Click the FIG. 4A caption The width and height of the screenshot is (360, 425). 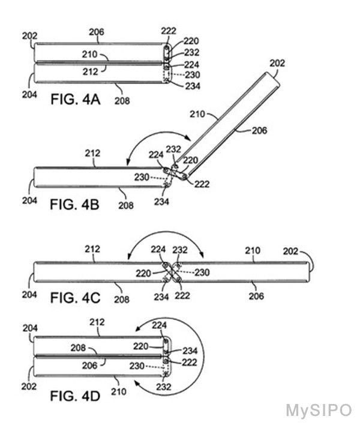[76, 100]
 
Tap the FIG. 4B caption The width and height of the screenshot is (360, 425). [74, 204]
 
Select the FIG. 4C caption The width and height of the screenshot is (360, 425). [76, 298]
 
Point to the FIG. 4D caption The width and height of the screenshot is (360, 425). [76, 396]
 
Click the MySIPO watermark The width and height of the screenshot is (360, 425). [319, 411]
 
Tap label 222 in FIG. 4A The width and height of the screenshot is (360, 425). [169, 31]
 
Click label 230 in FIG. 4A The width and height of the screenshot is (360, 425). [193, 75]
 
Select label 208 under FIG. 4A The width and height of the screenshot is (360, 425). [122, 101]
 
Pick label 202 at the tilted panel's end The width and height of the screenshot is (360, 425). [277, 63]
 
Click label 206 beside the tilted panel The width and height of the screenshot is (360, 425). [260, 131]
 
